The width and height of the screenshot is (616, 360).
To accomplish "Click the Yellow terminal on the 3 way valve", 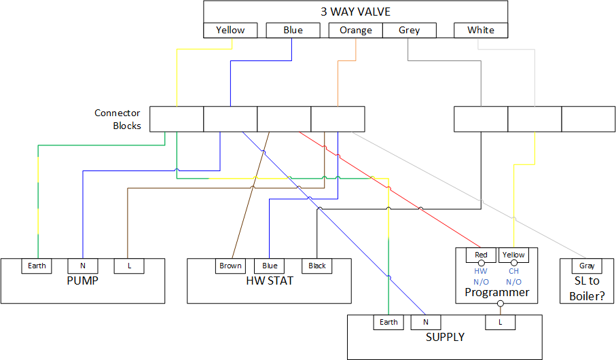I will pos(230,30).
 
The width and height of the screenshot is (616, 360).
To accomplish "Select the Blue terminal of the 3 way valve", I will pos(292,30).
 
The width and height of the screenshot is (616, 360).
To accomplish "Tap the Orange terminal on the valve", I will pos(356,30).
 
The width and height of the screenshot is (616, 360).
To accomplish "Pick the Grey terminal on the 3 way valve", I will pos(409,30).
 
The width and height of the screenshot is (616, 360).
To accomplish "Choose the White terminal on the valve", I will pos(481,30).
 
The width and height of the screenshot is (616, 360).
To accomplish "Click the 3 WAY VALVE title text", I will pos(355,12).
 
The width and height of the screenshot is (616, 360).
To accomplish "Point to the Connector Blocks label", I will pos(117,119).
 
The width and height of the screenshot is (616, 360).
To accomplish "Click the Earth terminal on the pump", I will pos(37,266).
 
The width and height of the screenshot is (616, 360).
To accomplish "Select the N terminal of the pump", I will pos(82,266).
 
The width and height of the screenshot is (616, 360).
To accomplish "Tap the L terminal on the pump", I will pos(127,266).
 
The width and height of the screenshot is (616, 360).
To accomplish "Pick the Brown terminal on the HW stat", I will pos(230,266).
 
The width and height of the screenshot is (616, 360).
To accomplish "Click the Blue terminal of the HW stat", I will pos(269,266).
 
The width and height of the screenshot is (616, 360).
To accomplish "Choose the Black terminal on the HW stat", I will pos(316,266).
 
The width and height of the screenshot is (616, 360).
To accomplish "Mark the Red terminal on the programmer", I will pos(481,255).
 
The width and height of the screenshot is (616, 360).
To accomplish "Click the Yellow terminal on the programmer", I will pos(513,255).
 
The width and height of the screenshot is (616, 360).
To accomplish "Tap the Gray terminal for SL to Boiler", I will pos(587,266).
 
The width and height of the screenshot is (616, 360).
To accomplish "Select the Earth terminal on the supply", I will pos(388,322).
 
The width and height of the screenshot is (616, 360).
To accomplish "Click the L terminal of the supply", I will pos(500,322).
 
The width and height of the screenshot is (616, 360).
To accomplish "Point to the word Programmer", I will pos(496,292).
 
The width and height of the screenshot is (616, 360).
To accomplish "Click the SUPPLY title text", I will pos(445,337).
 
